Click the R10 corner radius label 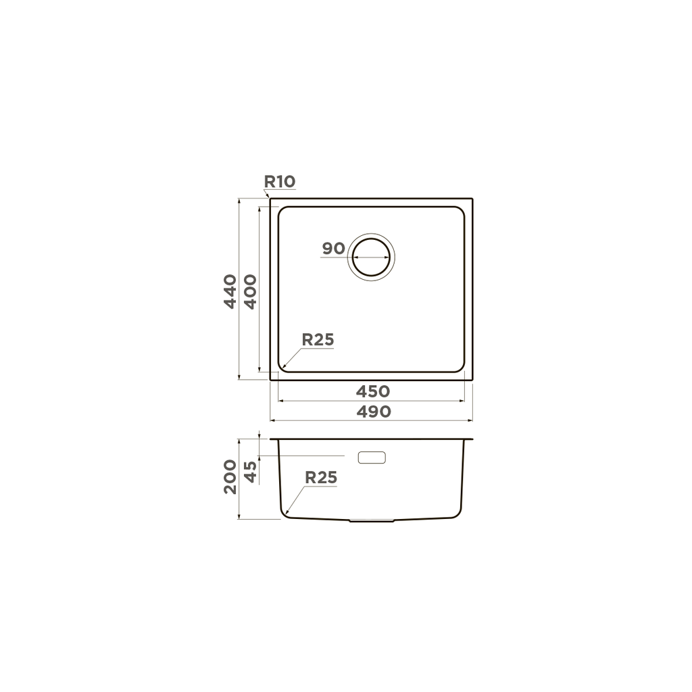coord(279,181)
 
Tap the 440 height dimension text coord(230,291)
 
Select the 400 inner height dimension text coord(250,292)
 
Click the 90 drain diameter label coord(333,249)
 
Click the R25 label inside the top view coord(318,340)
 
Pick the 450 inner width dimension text coord(373,391)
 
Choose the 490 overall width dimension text coord(373,412)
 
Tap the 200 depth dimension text coord(230,476)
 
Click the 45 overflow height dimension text coord(250,472)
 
